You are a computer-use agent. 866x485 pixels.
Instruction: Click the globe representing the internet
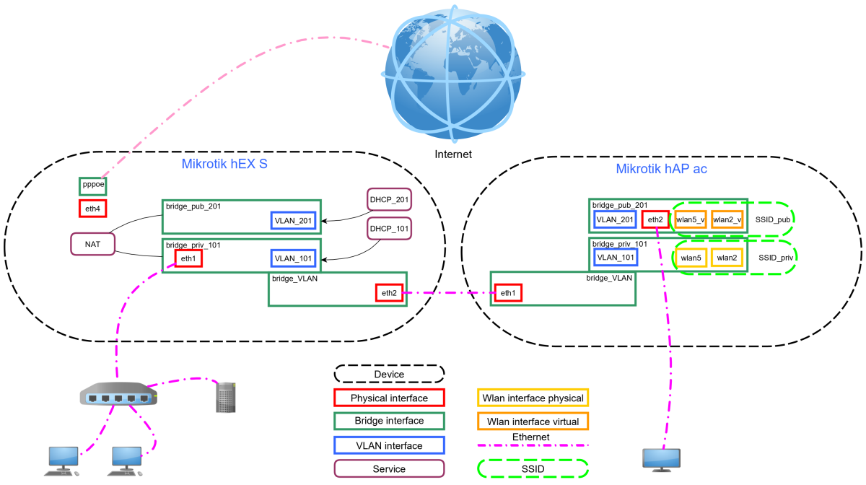tap(452, 74)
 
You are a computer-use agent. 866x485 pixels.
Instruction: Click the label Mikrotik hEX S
tap(224, 164)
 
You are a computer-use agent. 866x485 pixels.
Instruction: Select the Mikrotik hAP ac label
tap(661, 169)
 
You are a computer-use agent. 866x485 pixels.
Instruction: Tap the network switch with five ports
tap(118, 394)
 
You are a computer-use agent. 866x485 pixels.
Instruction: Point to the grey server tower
tap(226, 398)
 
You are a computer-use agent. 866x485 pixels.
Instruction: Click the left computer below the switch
tap(63, 460)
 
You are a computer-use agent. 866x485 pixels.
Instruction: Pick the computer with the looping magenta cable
tap(126, 460)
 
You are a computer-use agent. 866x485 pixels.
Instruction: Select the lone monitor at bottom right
tap(661, 460)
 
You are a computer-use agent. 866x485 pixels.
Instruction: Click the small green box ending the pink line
tap(92, 186)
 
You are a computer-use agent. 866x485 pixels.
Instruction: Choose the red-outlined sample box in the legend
tap(389, 397)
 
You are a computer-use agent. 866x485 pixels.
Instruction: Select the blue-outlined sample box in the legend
tap(389, 445)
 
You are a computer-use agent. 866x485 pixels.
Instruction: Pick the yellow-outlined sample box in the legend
tap(533, 397)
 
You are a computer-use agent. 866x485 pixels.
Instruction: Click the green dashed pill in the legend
tap(533, 468)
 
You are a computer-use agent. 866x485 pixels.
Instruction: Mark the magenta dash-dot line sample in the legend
tap(533, 445)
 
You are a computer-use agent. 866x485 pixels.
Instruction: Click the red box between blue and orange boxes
tap(655, 219)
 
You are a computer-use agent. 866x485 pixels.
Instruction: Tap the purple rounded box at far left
tap(92, 244)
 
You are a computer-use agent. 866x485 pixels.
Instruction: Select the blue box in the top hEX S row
tap(293, 220)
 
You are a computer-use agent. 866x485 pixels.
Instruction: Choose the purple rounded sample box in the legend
tap(389, 468)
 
